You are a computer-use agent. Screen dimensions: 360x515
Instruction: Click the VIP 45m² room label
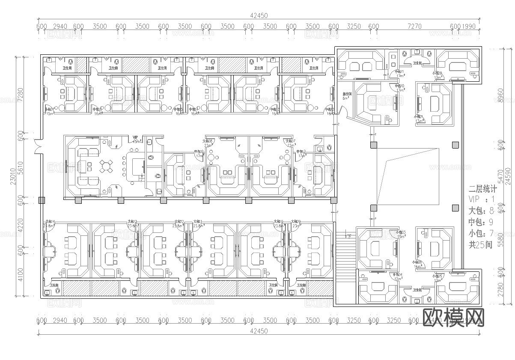pyautogui.click(x=136, y=139)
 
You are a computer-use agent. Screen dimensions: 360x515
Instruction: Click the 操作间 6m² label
pyautogui.click(x=347, y=96)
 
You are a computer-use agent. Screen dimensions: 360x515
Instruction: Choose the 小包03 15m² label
pyautogui.click(x=401, y=234)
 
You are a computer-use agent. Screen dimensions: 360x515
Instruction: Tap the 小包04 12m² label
pyautogui.click(x=398, y=277)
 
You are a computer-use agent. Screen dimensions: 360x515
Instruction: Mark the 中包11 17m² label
pyautogui.click(x=400, y=74)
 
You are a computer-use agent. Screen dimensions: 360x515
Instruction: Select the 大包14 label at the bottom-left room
pyautogui.click(x=50, y=223)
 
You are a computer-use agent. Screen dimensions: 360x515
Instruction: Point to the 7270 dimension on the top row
pyautogui.click(x=414, y=26)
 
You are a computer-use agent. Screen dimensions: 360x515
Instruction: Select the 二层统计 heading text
pyautogui.click(x=482, y=188)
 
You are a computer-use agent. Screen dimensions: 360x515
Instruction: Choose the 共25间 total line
pyautogui.click(x=480, y=245)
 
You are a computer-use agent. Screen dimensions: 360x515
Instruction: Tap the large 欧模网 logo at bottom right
pyautogui.click(x=453, y=318)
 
